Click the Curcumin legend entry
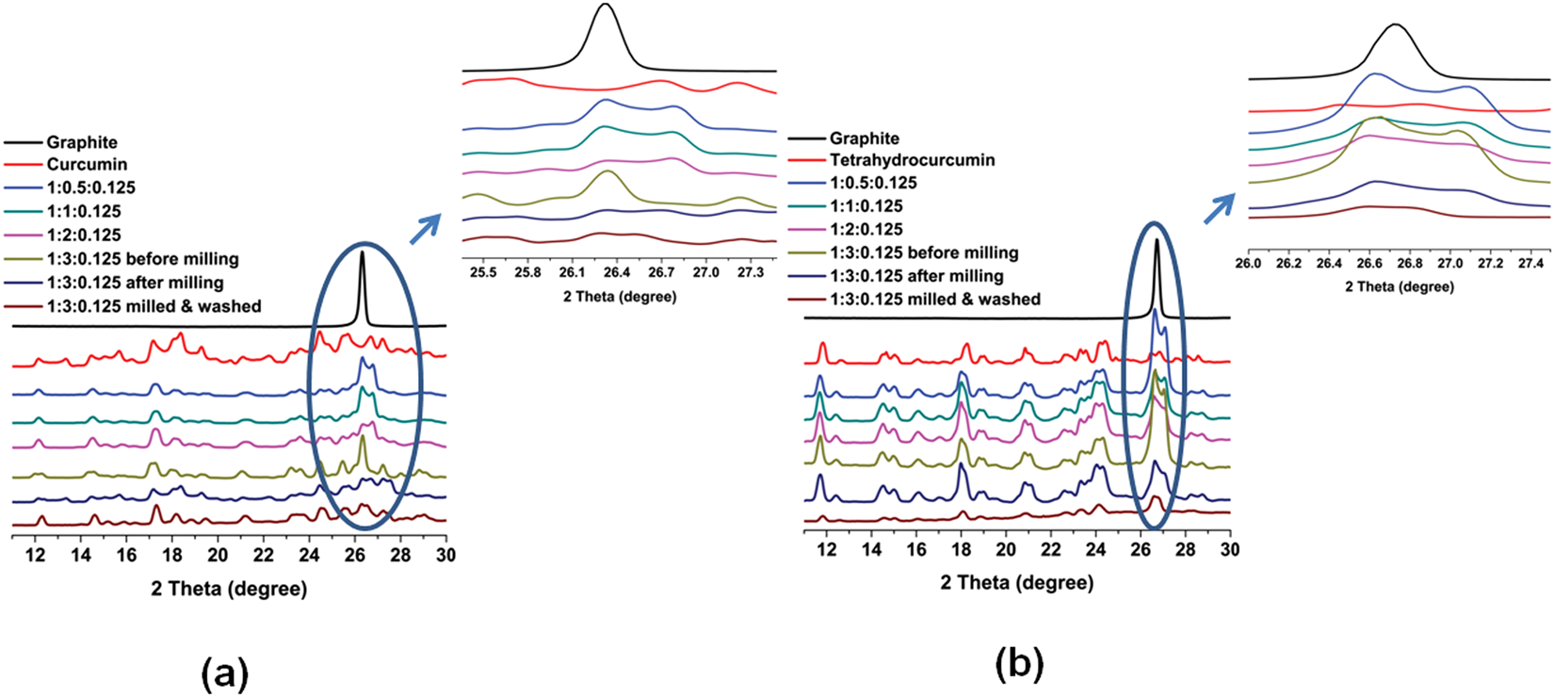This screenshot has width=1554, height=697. (x=87, y=165)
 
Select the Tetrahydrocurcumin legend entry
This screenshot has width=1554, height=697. (x=912, y=160)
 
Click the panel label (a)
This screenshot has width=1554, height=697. (x=225, y=674)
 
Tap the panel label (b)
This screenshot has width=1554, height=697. (x=1019, y=666)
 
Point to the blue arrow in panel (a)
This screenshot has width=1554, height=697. (x=427, y=228)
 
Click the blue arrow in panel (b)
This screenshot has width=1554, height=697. (x=1221, y=209)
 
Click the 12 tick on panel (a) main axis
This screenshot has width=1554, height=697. (x=36, y=556)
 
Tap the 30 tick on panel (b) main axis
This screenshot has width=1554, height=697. (x=1229, y=549)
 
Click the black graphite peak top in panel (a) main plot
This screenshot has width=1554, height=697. (x=363, y=251)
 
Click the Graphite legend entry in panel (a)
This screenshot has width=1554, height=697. (x=82, y=142)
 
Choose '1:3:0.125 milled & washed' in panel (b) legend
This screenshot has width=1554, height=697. (x=934, y=300)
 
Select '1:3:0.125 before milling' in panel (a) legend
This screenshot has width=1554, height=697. (x=142, y=259)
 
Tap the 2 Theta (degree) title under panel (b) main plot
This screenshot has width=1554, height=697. (x=1017, y=583)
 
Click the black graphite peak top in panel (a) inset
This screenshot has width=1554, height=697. (x=606, y=6)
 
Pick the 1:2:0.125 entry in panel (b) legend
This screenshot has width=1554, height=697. (x=866, y=229)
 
